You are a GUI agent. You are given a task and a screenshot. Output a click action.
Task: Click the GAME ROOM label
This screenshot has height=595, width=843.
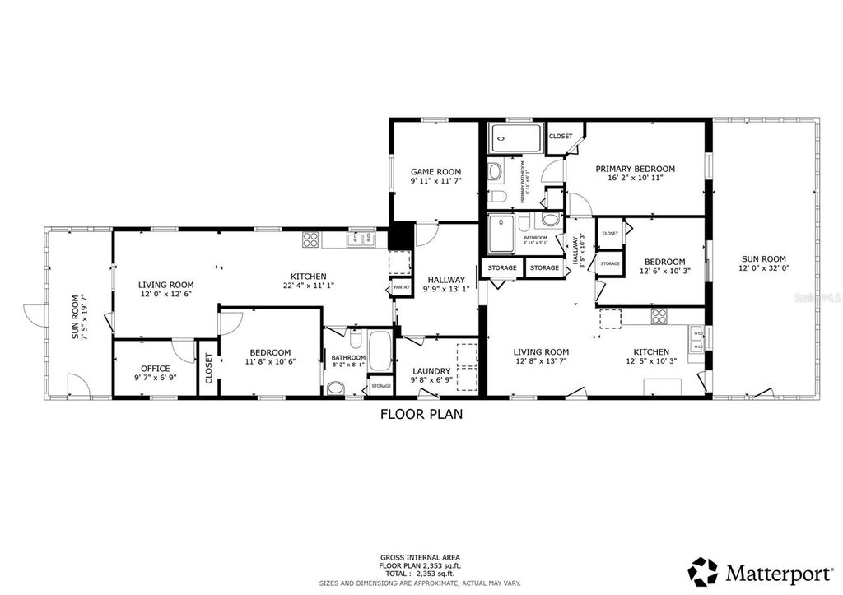(x=435, y=172)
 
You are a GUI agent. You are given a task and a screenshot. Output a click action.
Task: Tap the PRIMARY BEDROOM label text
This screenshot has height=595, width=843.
(x=635, y=169)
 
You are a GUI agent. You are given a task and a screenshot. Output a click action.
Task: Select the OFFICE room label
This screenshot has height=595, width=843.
(x=155, y=369)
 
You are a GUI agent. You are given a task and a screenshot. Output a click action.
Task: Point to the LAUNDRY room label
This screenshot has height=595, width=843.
(x=431, y=371)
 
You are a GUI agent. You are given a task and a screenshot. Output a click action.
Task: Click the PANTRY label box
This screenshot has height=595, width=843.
(x=401, y=287)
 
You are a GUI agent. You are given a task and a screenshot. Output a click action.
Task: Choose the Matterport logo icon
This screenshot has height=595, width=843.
(x=703, y=571)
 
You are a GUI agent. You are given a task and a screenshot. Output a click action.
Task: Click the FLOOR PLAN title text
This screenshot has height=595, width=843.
(x=421, y=415)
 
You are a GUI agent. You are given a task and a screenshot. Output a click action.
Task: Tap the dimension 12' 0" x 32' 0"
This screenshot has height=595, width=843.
(x=763, y=267)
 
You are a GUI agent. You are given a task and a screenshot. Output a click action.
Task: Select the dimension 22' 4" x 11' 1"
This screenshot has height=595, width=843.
(x=309, y=286)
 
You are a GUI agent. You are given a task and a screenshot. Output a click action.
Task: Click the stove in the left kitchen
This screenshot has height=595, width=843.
(x=311, y=239)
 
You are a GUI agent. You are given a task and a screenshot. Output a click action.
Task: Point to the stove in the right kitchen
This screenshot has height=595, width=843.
(x=659, y=315)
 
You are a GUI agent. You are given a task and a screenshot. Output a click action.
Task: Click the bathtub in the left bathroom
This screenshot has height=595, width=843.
(x=380, y=352)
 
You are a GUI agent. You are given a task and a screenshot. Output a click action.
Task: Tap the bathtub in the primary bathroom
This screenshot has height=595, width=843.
(x=516, y=138)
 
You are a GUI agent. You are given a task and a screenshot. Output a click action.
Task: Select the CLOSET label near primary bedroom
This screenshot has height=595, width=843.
(x=561, y=136)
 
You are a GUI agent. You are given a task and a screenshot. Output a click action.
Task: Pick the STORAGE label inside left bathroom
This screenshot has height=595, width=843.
(x=381, y=385)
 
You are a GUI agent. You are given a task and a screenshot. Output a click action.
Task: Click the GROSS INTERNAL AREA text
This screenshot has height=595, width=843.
(x=421, y=558)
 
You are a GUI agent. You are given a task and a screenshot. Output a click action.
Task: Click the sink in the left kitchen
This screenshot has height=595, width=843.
(x=360, y=239)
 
